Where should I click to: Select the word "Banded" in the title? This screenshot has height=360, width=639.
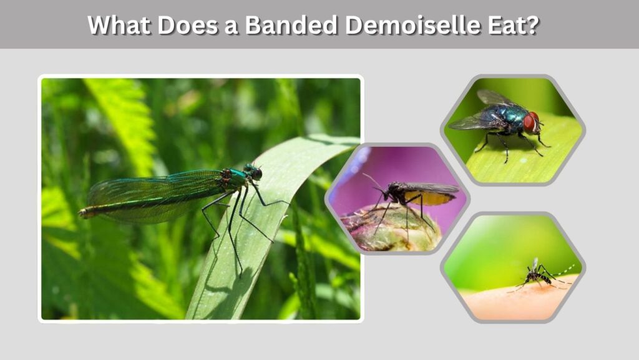click(x=291, y=25)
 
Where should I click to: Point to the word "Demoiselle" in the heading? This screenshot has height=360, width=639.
click(x=413, y=25)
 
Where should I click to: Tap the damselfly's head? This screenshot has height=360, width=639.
click(x=253, y=172)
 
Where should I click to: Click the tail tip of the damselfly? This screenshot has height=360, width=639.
click(x=82, y=212)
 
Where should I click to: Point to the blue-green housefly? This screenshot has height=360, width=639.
click(x=501, y=122)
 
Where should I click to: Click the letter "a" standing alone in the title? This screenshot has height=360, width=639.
click(x=232, y=27)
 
